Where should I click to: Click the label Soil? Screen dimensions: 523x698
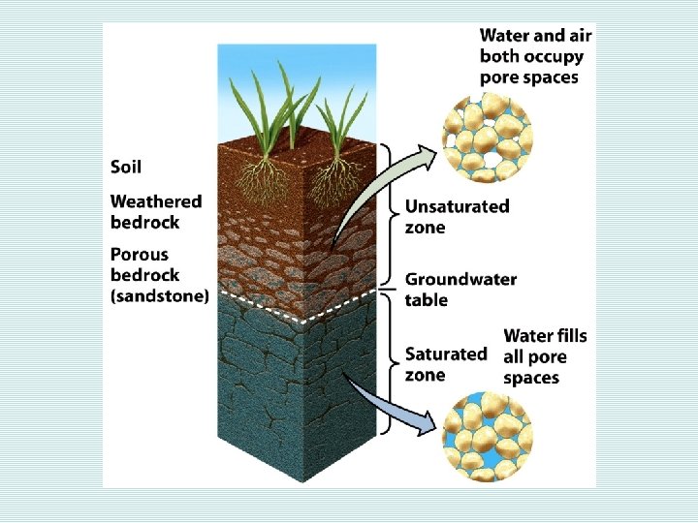tap(126, 167)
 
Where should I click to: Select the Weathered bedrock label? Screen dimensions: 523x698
tap(156, 211)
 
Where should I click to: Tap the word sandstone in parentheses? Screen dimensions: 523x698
tap(160, 296)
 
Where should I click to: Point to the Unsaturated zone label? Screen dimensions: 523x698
tap(457, 216)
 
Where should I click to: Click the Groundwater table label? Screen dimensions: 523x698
tap(460, 290)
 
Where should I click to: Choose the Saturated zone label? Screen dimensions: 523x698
tap(446, 364)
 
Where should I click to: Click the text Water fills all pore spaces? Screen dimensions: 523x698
tap(545, 356)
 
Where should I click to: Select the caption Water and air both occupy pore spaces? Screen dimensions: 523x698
tap(535, 55)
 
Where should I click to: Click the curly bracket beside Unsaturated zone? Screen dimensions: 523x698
tap(391, 214)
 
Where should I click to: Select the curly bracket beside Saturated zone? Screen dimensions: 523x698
tap(391, 363)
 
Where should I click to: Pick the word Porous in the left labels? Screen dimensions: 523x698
tap(140, 256)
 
